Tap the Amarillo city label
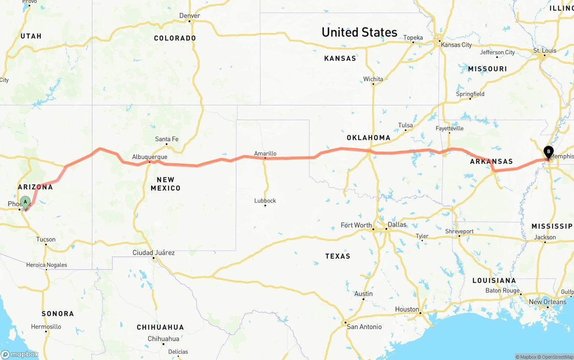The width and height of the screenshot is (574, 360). click(x=265, y=153)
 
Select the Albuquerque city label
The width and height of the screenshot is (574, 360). click(x=149, y=157)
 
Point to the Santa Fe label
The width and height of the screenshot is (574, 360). click(x=166, y=139)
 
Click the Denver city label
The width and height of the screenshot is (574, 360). click(x=189, y=16)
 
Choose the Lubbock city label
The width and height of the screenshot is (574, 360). click(x=265, y=200)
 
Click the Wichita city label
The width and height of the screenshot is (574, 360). click(x=373, y=79)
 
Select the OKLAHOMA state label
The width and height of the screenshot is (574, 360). click(x=368, y=138)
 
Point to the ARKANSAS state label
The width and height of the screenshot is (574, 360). click(x=491, y=161)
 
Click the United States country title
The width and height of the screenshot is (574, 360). click(x=359, y=32)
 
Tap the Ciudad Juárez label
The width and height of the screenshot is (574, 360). click(x=153, y=253)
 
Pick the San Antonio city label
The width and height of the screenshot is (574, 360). click(x=364, y=326)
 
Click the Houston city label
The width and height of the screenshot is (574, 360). click(x=407, y=309)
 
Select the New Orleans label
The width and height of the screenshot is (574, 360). click(x=548, y=302)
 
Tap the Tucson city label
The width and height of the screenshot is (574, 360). click(x=46, y=239)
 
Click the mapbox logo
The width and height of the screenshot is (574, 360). click(x=20, y=354)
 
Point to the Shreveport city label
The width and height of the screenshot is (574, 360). click(x=459, y=231)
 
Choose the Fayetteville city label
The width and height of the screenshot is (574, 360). click(x=449, y=128)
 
